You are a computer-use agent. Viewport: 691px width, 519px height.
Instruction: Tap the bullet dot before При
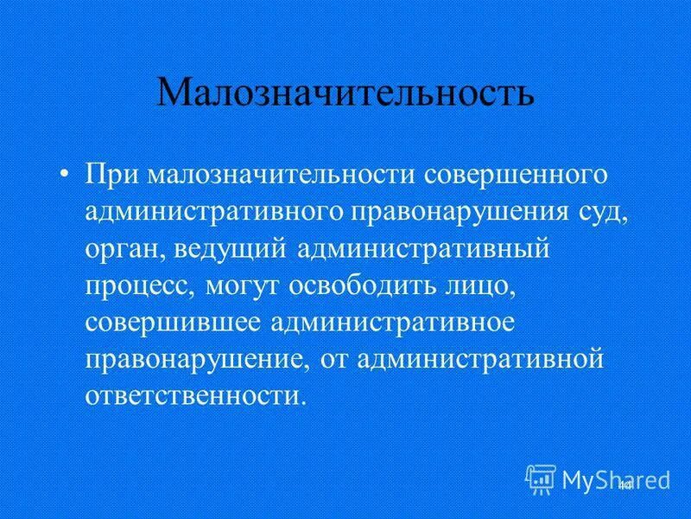(66, 174)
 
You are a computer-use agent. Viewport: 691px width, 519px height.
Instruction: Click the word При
(112, 174)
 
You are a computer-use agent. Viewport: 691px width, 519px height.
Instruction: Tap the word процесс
(138, 288)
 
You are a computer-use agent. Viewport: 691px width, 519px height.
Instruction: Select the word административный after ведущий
(422, 250)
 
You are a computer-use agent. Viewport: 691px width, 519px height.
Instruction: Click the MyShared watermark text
(616, 478)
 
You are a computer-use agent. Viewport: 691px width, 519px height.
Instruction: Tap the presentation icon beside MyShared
(541, 478)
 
